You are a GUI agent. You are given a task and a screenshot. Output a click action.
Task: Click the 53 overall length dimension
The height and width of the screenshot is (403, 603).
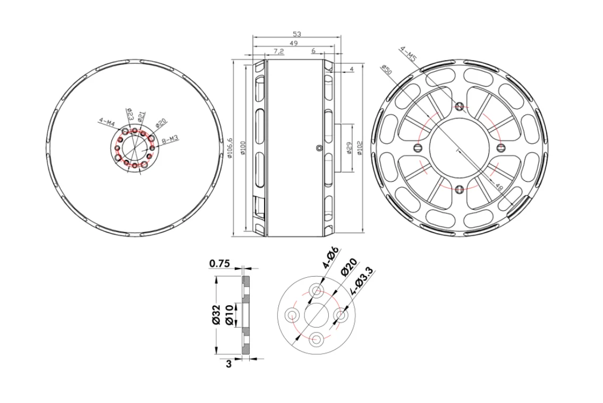coord(296,34)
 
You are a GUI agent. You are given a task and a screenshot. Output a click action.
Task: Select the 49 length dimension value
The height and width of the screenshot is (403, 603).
coord(293,43)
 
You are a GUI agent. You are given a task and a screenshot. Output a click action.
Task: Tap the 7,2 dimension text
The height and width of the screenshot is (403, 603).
coord(278,51)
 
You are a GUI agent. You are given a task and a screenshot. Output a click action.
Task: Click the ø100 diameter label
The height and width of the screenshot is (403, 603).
coord(243,148)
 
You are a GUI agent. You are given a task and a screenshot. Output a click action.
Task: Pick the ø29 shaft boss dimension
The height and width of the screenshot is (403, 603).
coord(349,148)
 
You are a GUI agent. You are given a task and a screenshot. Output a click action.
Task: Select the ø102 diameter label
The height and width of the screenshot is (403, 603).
coord(360,148)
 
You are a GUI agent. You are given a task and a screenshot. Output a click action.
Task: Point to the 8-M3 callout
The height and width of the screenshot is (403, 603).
coord(170,141)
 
